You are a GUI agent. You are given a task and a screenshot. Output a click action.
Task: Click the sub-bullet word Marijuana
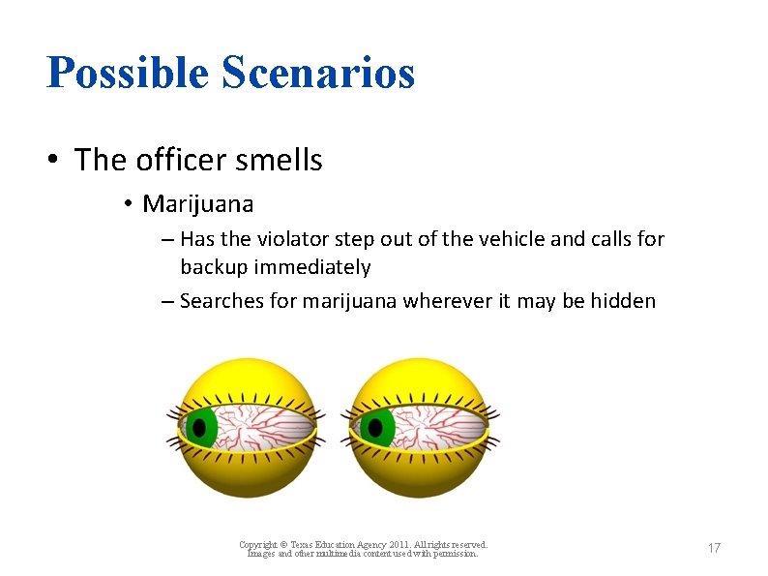tap(197, 204)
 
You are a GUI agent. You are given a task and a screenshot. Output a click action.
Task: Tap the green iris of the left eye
tap(201, 426)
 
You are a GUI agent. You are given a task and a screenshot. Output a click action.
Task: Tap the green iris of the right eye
tap(374, 426)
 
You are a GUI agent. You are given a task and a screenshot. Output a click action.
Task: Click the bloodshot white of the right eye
tap(440, 426)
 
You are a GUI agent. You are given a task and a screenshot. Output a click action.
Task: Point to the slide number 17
tap(714, 549)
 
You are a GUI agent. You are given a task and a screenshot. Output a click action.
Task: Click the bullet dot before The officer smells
tap(55, 160)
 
